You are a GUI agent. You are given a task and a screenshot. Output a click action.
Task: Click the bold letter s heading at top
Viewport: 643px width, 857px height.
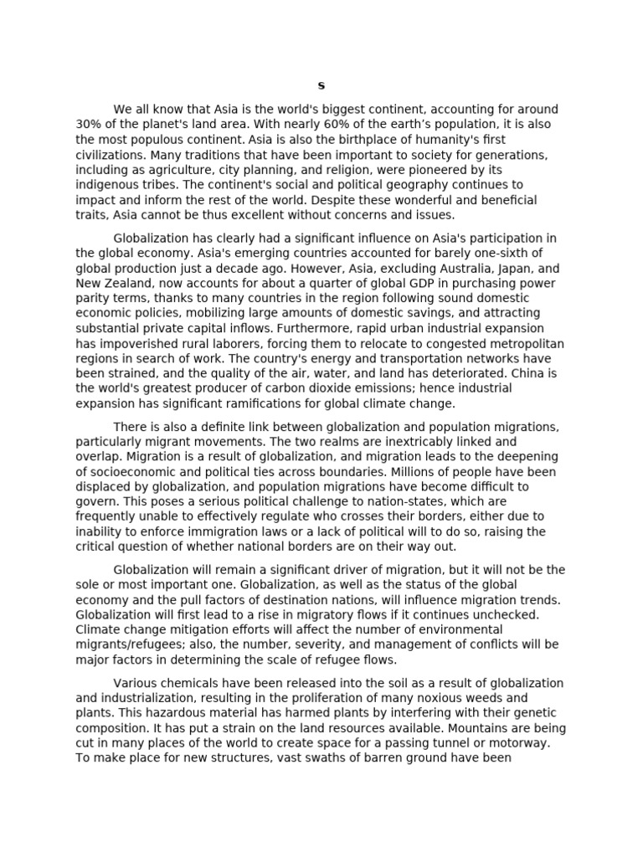(x=321, y=86)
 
